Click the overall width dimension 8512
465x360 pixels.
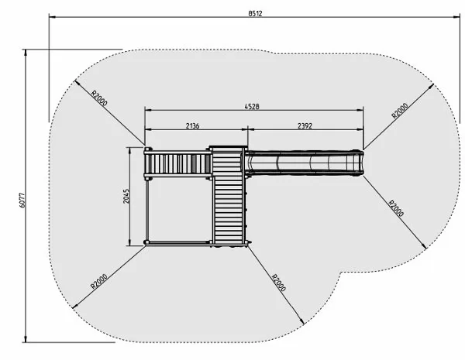click(x=255, y=13)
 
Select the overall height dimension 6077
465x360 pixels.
click(x=22, y=201)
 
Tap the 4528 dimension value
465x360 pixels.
click(x=252, y=106)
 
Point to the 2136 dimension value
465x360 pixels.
click(x=192, y=126)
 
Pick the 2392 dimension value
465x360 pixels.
click(x=305, y=126)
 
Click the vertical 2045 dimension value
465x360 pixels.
click(x=126, y=196)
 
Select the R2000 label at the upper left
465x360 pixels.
click(x=99, y=98)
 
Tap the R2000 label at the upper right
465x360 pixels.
click(x=400, y=111)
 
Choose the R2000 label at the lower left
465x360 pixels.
click(x=98, y=282)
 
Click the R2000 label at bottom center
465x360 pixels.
click(x=279, y=283)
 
